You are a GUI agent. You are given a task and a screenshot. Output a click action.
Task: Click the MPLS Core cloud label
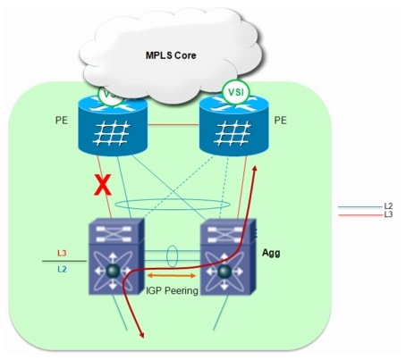(171, 55)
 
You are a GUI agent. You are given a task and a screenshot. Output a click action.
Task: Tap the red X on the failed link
(103, 185)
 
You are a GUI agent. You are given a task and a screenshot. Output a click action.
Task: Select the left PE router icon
(113, 125)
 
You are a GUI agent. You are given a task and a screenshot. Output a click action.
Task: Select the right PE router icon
(234, 125)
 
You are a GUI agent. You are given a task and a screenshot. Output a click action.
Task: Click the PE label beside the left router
(62, 121)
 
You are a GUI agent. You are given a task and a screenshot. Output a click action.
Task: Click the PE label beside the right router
(280, 121)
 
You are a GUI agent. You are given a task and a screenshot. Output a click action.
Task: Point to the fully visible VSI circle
(236, 92)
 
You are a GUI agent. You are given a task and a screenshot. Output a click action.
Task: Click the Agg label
(271, 253)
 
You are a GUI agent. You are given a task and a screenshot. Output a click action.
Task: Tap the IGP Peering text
(172, 290)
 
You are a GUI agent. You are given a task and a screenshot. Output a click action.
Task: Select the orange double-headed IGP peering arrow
(172, 276)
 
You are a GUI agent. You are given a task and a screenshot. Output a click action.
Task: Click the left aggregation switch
(117, 256)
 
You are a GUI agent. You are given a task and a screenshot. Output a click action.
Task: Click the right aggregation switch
(228, 256)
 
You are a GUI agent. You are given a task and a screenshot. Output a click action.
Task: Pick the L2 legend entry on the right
(388, 205)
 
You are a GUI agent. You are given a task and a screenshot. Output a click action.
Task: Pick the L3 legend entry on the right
(388, 214)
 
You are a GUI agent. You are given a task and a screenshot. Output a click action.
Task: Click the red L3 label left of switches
(62, 254)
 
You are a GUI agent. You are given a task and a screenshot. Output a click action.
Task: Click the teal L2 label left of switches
(62, 269)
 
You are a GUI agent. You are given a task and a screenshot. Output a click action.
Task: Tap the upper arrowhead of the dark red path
(255, 168)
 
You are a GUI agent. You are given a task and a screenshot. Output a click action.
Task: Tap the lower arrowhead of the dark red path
(142, 335)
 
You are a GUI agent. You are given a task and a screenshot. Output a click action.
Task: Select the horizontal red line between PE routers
(173, 124)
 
